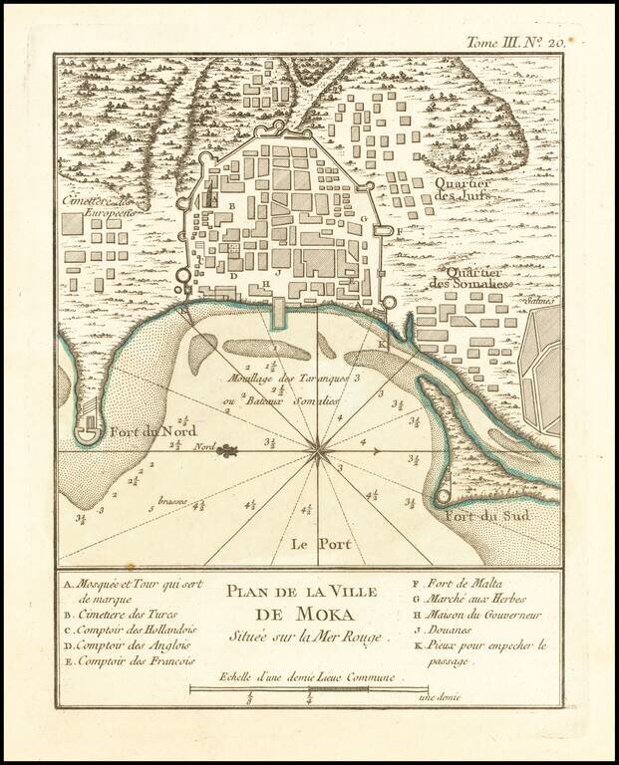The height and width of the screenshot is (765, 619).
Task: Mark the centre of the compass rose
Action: pyautogui.click(x=318, y=451)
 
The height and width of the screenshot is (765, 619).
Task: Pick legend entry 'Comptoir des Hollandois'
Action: pyautogui.click(x=130, y=630)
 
